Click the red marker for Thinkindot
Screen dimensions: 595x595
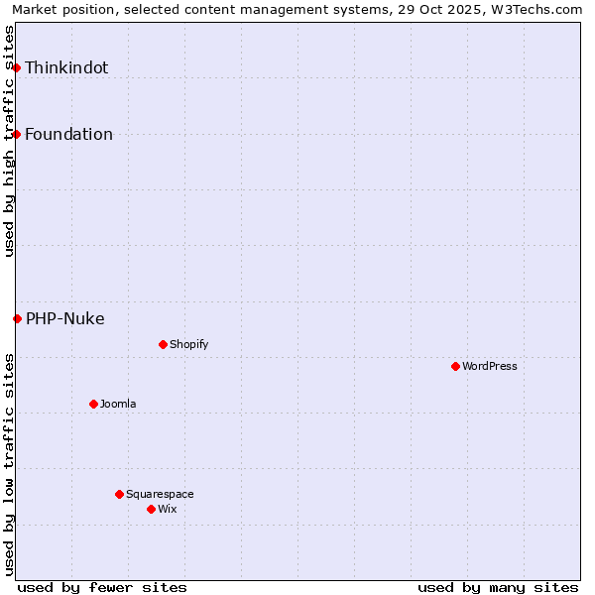click(x=17, y=67)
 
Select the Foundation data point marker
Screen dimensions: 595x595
click(x=17, y=134)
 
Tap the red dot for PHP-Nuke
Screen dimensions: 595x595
click(x=17, y=318)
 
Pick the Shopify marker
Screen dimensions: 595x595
click(x=163, y=344)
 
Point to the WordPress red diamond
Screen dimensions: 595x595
click(x=455, y=366)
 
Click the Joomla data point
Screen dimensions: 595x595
click(x=93, y=404)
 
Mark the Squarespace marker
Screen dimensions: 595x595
click(x=119, y=494)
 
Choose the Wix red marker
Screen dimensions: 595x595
click(x=151, y=509)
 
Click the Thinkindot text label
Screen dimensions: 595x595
click(x=66, y=67)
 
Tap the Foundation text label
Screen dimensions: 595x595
click(x=68, y=134)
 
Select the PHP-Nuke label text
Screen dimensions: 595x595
click(x=64, y=318)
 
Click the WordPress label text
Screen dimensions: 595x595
click(x=490, y=366)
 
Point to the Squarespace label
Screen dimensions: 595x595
click(x=160, y=494)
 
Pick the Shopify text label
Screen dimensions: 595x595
click(x=188, y=344)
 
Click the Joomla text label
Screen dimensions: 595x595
click(x=118, y=404)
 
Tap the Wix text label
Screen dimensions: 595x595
click(x=167, y=509)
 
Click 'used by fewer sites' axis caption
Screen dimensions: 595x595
click(x=102, y=587)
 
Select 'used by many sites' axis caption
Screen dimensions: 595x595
click(x=498, y=587)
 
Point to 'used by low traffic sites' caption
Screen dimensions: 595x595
click(x=10, y=464)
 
